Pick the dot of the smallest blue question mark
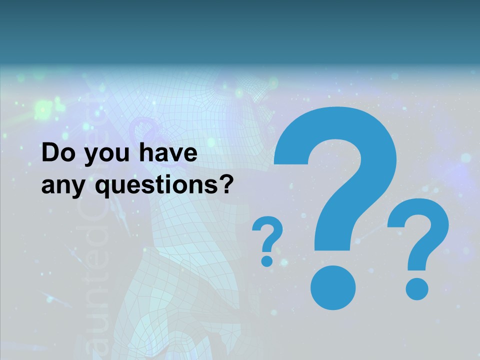(x=267, y=260)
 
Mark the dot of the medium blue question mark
(x=416, y=289)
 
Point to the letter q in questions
(x=103, y=187)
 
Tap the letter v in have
(x=173, y=154)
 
